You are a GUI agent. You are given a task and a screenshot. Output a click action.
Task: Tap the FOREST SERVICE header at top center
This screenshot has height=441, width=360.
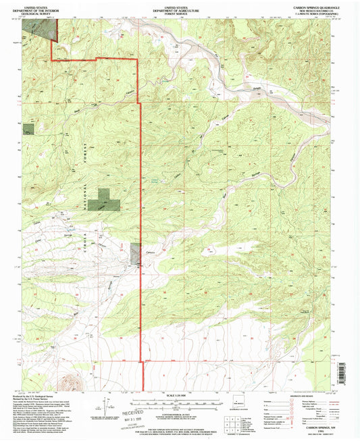180,11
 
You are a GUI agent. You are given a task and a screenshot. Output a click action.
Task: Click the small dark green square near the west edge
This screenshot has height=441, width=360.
28,129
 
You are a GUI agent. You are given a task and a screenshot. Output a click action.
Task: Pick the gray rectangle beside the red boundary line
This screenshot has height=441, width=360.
136,252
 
